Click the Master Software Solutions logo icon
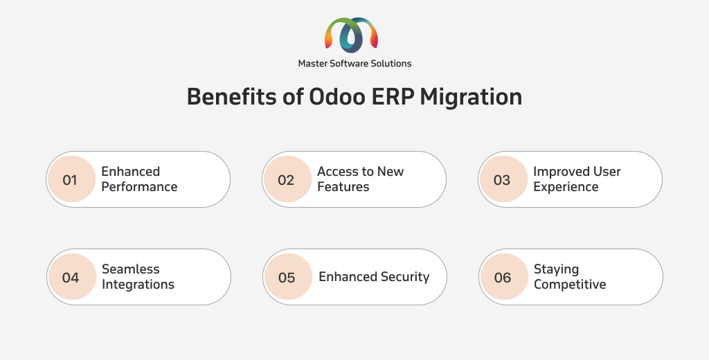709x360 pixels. pyautogui.click(x=351, y=35)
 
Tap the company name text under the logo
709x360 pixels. pyautogui.click(x=354, y=64)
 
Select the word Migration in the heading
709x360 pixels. pyautogui.click(x=471, y=97)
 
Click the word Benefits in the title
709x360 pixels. pyautogui.click(x=231, y=96)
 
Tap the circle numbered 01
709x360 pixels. pyautogui.click(x=71, y=179)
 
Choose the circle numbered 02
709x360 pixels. pyautogui.click(x=287, y=179)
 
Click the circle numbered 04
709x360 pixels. pyautogui.click(x=72, y=277)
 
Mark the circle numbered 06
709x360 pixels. pyautogui.click(x=505, y=277)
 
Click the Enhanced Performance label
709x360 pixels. pyautogui.click(x=139, y=179)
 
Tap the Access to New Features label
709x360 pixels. pyautogui.click(x=360, y=179)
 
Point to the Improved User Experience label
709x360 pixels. pyautogui.click(x=577, y=179)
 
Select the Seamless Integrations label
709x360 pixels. pyautogui.click(x=138, y=277)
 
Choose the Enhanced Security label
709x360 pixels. pyautogui.click(x=374, y=277)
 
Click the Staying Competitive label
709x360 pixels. pyautogui.click(x=570, y=277)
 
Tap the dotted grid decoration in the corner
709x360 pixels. pyautogui.click(x=26, y=30)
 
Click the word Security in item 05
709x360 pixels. pyautogui.click(x=405, y=277)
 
